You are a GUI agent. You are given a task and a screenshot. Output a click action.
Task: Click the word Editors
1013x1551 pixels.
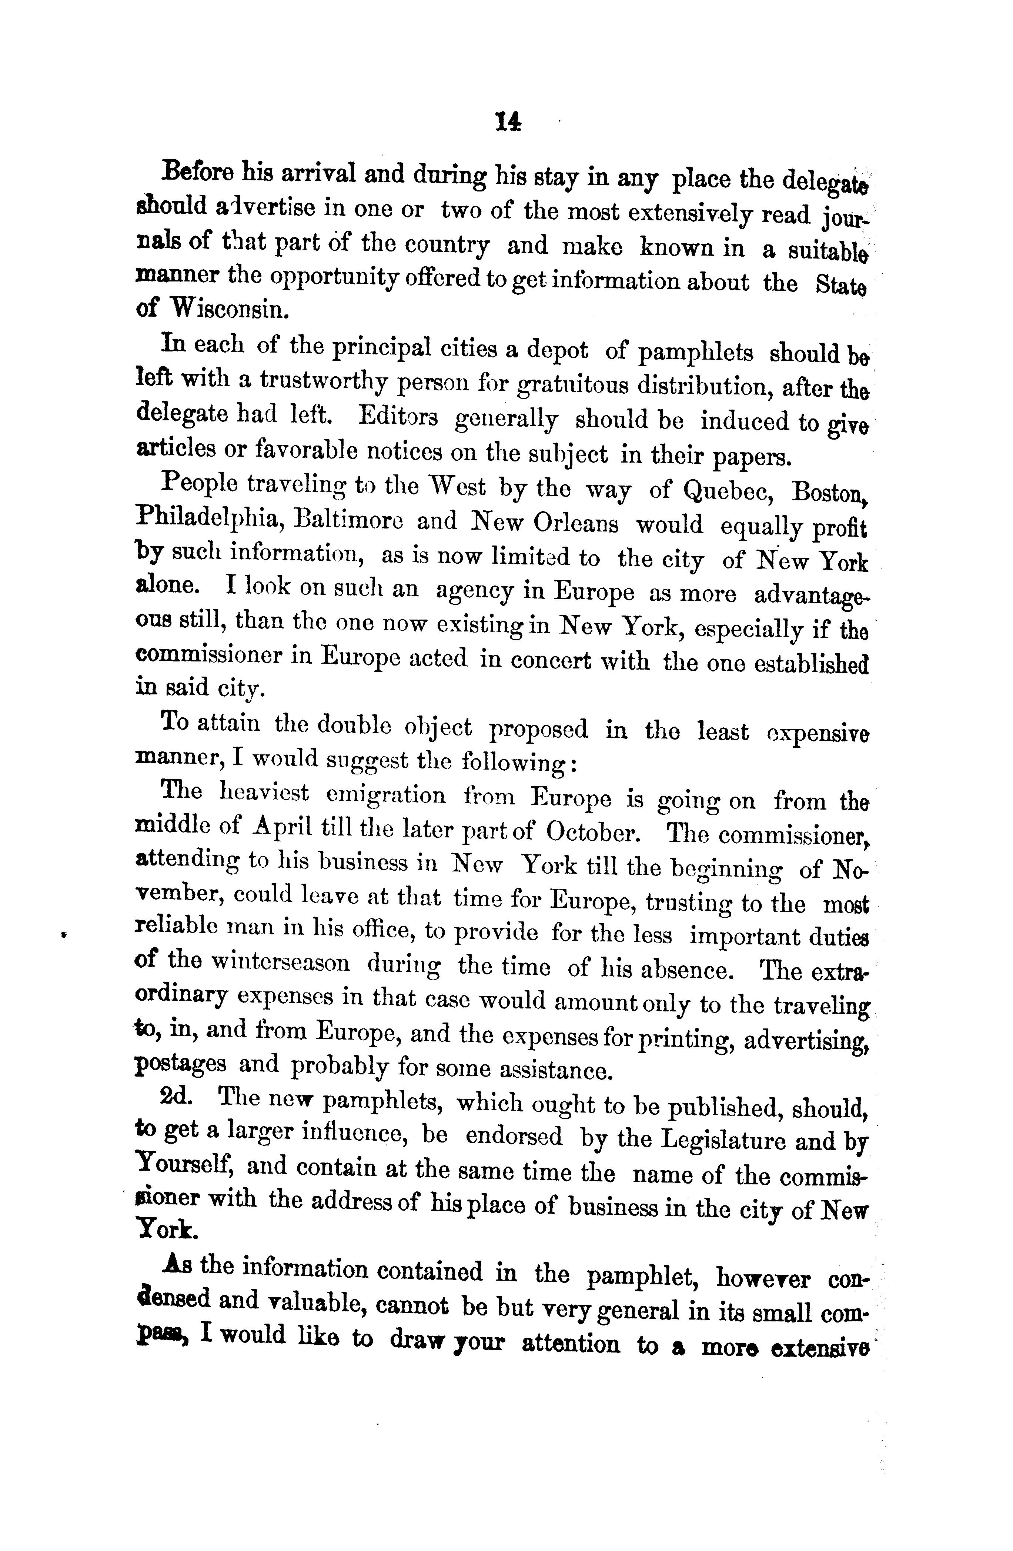pyautogui.click(x=398, y=417)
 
